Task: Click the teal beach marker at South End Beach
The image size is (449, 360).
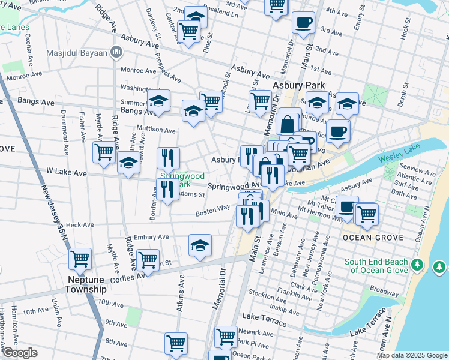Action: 419,265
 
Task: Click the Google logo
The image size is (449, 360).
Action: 19,353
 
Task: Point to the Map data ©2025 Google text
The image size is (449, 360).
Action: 412,355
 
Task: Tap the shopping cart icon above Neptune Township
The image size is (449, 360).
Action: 80,259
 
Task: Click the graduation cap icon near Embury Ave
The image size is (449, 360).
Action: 200,244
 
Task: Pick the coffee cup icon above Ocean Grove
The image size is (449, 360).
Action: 346,206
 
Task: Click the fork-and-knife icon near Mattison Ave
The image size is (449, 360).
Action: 169,157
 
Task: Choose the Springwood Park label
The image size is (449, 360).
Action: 182,180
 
